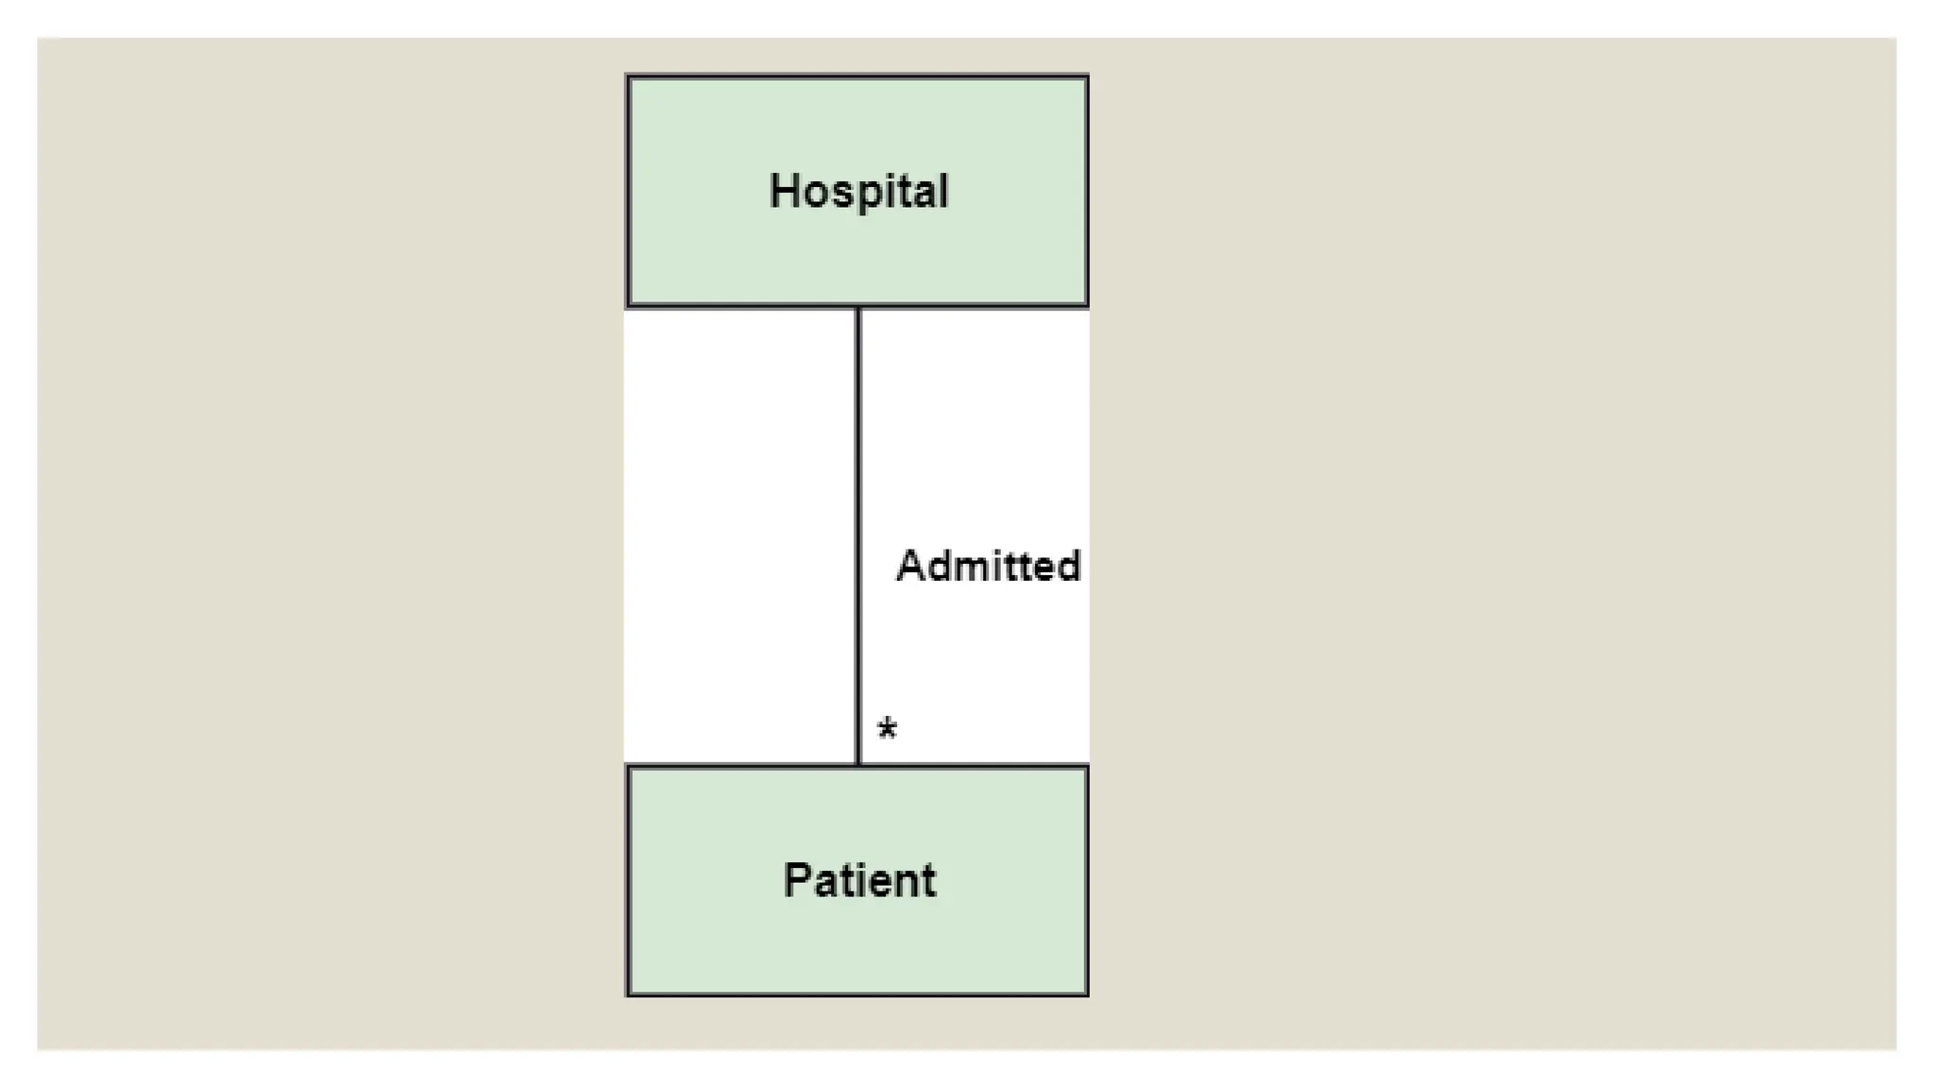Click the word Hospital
[858, 192]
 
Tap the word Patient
[859, 880]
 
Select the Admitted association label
[988, 566]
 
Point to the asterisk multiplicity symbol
[887, 729]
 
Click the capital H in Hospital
[783, 191]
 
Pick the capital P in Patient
[796, 879]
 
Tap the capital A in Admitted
[909, 566]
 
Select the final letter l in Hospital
[942, 191]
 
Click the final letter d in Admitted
[1068, 566]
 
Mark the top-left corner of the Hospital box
[629, 77]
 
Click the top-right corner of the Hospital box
[1087, 77]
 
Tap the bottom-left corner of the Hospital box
[629, 305]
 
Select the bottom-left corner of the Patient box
[629, 994]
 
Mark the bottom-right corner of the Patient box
[1087, 994]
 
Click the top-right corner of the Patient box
[1087, 767]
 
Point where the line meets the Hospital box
[858, 307]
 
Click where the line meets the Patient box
[858, 766]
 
